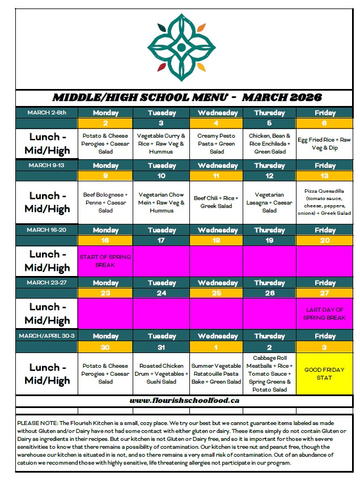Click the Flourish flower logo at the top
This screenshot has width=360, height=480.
179,47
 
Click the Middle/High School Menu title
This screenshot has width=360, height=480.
187,97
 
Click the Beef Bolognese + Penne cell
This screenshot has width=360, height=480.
105,202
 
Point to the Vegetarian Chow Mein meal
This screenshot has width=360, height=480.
162,202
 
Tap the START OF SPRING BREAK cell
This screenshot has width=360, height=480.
105,261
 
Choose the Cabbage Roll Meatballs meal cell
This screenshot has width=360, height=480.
269,373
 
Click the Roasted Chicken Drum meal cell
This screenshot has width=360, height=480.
162,373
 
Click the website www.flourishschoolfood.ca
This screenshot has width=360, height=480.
184,400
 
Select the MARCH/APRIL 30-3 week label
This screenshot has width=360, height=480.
46,335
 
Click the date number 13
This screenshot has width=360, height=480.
325,176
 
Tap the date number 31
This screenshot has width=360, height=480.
162,347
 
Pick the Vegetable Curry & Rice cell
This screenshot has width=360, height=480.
162,144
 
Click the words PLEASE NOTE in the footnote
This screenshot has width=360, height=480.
36,423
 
